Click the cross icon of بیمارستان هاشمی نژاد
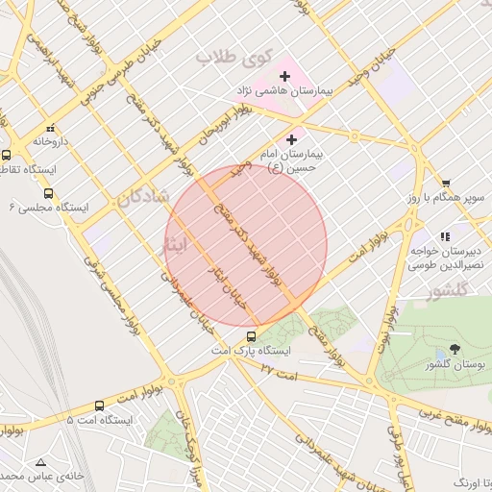tap(284, 76)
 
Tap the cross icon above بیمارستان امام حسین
tap(292, 140)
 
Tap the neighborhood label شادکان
tap(143, 197)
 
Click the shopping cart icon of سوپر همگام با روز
tap(445, 183)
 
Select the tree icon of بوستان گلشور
tap(455, 349)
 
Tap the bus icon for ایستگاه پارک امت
tap(251, 336)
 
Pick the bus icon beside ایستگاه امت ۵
tap(100, 406)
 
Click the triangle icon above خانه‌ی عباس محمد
tap(40, 461)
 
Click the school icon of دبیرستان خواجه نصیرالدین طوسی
tap(444, 236)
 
